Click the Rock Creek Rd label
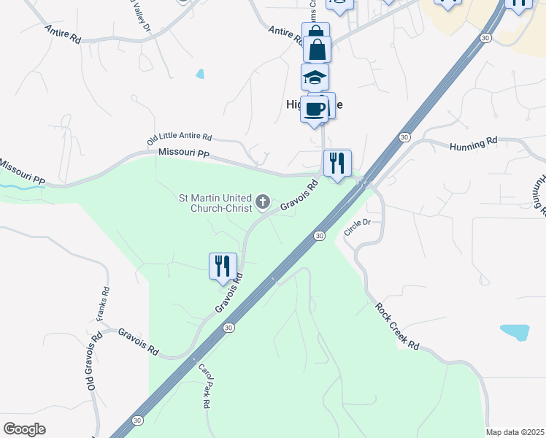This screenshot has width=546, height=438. [x=399, y=325]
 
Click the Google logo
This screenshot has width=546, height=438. [x=24, y=429]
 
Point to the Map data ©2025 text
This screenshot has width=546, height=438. [x=515, y=432]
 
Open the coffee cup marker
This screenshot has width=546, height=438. [x=315, y=109]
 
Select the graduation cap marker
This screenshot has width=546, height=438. [x=315, y=77]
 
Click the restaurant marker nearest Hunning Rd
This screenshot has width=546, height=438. [x=337, y=163]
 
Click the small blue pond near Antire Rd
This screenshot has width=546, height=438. [x=200, y=74]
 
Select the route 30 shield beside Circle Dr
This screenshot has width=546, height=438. [x=319, y=236]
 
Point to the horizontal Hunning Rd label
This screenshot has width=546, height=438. [x=474, y=145]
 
